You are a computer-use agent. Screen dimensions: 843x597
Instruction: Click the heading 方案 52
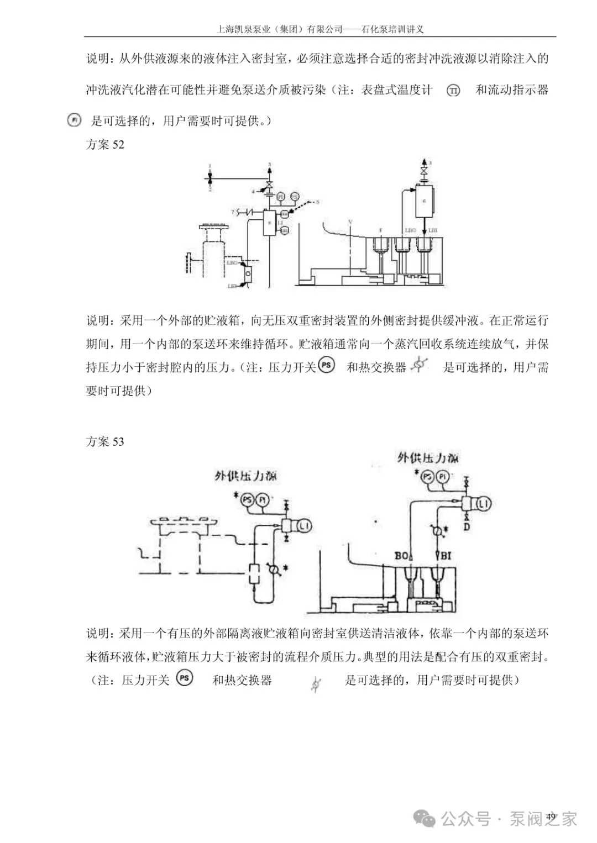pos(105,145)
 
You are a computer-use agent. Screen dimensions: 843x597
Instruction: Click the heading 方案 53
pos(105,441)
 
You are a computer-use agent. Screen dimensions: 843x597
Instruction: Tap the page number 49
pos(551,816)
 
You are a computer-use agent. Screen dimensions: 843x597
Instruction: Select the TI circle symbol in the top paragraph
pos(453,90)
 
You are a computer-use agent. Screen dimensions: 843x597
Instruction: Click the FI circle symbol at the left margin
pos(74,120)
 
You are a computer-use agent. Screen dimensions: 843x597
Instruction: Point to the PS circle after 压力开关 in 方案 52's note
pos(327,366)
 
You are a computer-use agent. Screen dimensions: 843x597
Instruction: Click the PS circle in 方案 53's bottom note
pos(185,678)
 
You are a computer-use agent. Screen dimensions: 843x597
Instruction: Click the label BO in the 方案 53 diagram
pos(402,555)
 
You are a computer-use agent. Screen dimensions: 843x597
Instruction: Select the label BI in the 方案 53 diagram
pos(446,555)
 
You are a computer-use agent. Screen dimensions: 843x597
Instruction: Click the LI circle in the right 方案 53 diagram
pos(483,504)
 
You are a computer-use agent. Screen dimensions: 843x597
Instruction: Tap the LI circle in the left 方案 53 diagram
pos(304,526)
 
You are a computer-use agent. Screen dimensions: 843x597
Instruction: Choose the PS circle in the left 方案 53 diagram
pos(247,500)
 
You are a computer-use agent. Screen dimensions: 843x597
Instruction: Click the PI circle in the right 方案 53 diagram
pos(443,477)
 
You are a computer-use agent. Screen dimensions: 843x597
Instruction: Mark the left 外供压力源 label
pos(245,476)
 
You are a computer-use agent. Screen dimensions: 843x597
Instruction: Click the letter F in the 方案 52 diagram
pos(380,230)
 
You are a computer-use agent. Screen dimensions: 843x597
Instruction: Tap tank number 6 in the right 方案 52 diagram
pos(424,201)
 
